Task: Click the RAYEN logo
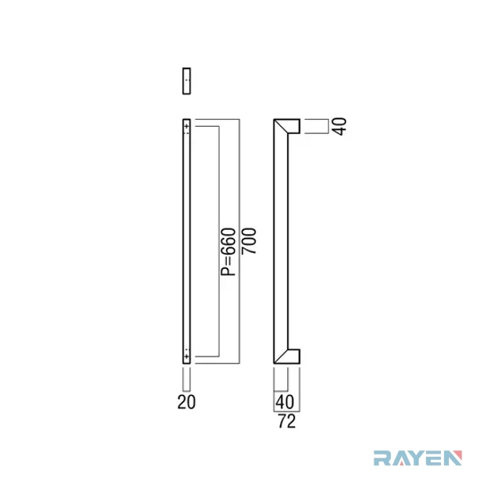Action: (418, 458)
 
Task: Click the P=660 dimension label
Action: (228, 251)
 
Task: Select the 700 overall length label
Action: (249, 241)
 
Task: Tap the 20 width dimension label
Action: (186, 402)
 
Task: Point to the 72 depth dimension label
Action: (287, 421)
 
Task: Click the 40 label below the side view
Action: (285, 402)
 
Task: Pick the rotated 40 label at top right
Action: (340, 126)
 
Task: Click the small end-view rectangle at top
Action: (186, 81)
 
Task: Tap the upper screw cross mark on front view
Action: (186, 126)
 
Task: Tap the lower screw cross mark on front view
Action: (186, 356)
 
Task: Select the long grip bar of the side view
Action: (281, 241)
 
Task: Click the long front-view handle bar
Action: (186, 241)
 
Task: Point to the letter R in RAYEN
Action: (382, 458)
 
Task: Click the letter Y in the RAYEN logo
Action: (416, 458)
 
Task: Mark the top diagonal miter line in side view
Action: (281, 126)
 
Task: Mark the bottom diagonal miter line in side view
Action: (281, 356)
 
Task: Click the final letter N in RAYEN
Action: (454, 458)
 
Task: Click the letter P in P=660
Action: (228, 271)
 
